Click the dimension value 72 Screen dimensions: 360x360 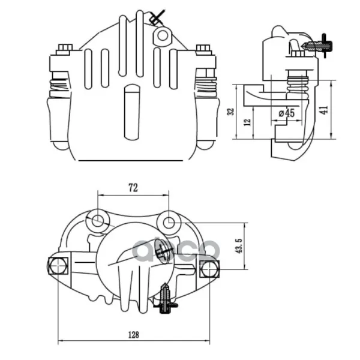click(133, 188)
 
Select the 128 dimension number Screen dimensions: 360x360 click(133, 335)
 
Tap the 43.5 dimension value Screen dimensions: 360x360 click(239, 246)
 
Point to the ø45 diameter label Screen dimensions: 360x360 click(286, 113)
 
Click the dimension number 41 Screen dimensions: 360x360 click(324, 110)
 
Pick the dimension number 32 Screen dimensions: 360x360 click(230, 112)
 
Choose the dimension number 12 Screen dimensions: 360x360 click(247, 122)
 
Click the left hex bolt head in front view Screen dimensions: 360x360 click(65, 47)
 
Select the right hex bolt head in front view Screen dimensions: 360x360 click(203, 48)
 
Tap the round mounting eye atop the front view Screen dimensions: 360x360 click(163, 35)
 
